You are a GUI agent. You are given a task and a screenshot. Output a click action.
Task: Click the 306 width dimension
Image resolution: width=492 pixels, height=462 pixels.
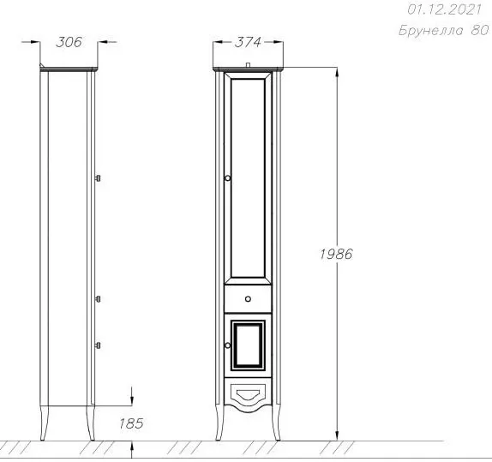pyautogui.click(x=69, y=42)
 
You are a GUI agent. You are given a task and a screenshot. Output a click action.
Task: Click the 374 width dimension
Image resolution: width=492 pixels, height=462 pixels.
pyautogui.click(x=248, y=42)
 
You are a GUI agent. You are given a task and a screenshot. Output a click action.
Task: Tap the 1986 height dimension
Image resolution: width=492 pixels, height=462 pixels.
pyautogui.click(x=336, y=254)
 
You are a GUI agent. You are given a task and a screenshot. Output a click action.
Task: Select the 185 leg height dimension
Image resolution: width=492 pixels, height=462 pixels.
pyautogui.click(x=131, y=423)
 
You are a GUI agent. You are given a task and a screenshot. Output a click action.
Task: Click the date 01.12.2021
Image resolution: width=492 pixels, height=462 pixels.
pyautogui.click(x=444, y=9)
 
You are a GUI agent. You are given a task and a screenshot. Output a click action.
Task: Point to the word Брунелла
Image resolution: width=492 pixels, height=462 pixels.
pyautogui.click(x=431, y=31)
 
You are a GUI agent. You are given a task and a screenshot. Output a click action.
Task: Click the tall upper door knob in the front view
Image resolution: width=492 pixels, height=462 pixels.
pyautogui.click(x=227, y=178)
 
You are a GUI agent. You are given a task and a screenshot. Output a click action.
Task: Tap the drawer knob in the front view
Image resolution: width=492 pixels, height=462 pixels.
pyautogui.click(x=248, y=299)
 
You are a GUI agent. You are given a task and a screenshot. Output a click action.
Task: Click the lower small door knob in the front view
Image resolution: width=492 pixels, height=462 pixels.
pyautogui.click(x=227, y=345)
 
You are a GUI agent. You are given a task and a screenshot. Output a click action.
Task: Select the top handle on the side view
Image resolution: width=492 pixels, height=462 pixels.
pyautogui.click(x=98, y=178)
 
